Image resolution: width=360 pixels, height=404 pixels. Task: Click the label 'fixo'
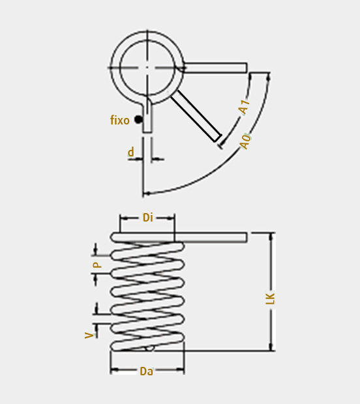[119, 121]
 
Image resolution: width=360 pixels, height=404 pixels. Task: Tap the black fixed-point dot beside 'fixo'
[138, 119]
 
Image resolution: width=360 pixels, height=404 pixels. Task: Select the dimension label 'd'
[131, 152]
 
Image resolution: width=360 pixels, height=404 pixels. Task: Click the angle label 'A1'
[244, 107]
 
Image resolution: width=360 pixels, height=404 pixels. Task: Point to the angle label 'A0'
[245, 141]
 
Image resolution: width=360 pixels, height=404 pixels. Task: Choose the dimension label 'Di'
[148, 218]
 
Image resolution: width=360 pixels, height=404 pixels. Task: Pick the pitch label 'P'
[97, 265]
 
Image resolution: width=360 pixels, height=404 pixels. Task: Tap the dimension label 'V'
[89, 335]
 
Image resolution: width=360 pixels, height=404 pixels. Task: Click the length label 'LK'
[270, 298]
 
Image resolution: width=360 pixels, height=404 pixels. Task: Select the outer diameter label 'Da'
[146, 371]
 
